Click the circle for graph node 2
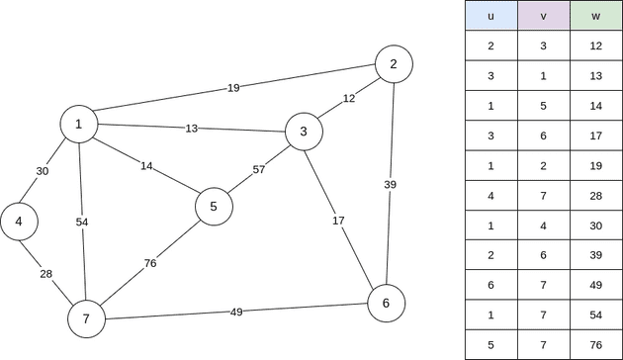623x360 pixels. click(x=394, y=64)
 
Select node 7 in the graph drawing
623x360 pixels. click(x=86, y=318)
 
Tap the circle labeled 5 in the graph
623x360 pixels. click(x=214, y=207)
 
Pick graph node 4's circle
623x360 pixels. click(x=19, y=222)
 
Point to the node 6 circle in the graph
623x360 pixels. click(x=386, y=303)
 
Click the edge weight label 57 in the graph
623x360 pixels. click(x=259, y=169)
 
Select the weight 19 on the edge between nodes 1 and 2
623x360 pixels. click(x=233, y=88)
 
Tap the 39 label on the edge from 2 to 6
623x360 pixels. click(x=391, y=184)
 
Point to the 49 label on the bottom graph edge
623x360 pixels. click(x=236, y=313)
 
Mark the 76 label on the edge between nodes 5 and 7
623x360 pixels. click(x=150, y=263)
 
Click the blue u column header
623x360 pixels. click(x=491, y=17)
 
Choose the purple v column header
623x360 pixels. click(x=544, y=17)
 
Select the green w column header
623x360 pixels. click(x=596, y=17)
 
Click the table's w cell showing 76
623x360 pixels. click(x=596, y=345)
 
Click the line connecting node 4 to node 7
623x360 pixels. click(x=46, y=267)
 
